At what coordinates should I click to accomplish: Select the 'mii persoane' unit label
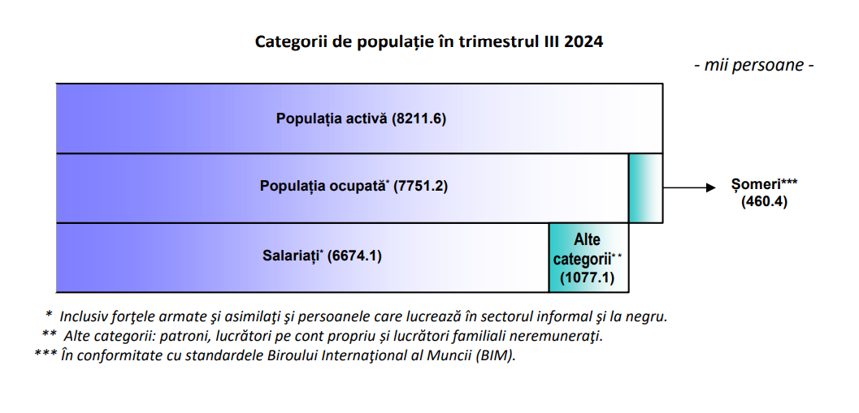click(x=754, y=65)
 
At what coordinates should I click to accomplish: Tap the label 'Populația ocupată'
click(x=323, y=186)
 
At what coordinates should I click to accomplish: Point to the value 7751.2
click(x=420, y=187)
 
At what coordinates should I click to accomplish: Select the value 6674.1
click(x=354, y=256)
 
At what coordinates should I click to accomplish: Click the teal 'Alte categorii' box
click(x=589, y=258)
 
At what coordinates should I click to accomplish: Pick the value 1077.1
click(x=588, y=277)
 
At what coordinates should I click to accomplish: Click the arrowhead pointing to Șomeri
click(x=711, y=187)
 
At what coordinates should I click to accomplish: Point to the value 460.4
click(x=764, y=201)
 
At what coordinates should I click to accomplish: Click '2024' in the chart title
click(x=584, y=42)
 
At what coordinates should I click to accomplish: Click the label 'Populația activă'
click(x=332, y=118)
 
